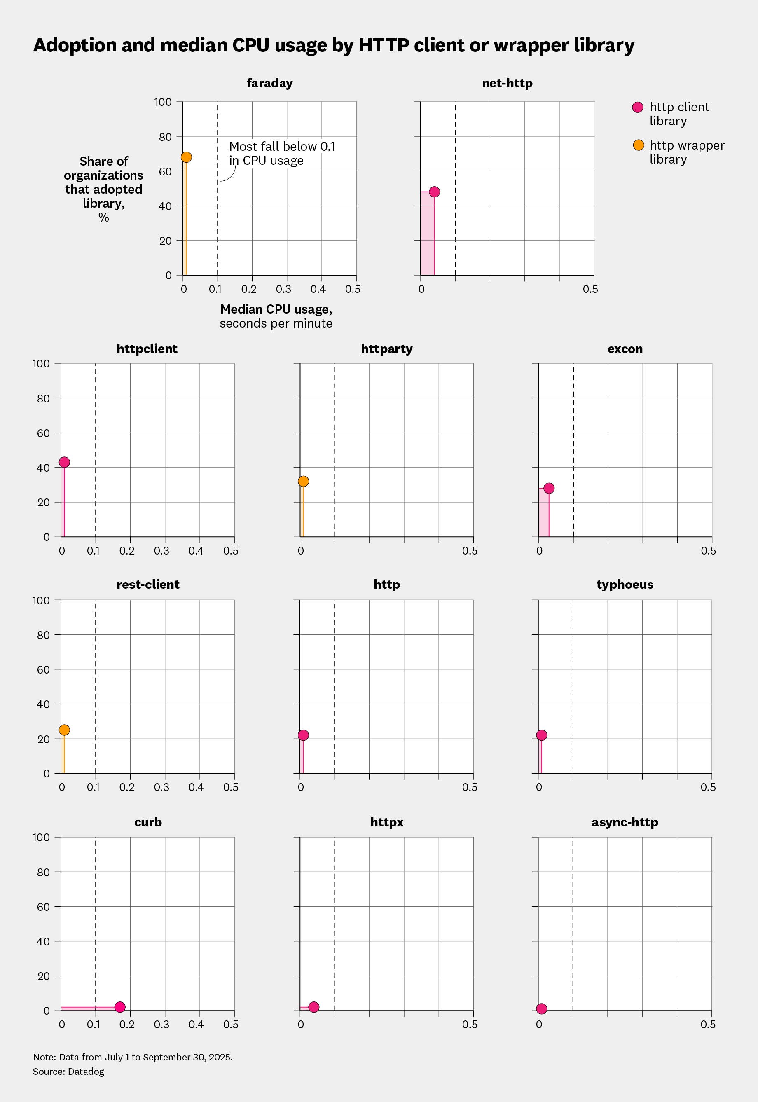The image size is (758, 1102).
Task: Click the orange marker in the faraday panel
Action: [186, 157]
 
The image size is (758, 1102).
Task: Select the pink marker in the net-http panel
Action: [434, 192]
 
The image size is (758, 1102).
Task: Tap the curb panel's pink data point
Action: [120, 1007]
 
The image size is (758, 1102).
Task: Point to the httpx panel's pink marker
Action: [313, 1007]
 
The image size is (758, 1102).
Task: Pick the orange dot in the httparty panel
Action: [303, 481]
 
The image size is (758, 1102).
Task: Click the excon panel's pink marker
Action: [549, 488]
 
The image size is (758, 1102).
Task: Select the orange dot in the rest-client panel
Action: [64, 730]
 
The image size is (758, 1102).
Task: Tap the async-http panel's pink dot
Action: [541, 1008]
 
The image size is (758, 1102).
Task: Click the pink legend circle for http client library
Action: [638, 108]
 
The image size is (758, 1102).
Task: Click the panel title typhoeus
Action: [625, 585]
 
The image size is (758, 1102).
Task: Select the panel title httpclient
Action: [147, 349]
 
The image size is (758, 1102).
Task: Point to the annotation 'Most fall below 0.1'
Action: [282, 146]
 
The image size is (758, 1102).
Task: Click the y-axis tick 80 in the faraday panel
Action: [165, 137]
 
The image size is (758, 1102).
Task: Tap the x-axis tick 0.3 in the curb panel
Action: [161, 1025]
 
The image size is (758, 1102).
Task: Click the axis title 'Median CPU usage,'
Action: [276, 309]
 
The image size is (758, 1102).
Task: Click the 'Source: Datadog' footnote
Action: [68, 1071]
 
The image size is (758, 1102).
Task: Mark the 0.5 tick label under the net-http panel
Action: [590, 289]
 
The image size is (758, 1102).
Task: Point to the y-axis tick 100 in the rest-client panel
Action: [41, 600]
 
